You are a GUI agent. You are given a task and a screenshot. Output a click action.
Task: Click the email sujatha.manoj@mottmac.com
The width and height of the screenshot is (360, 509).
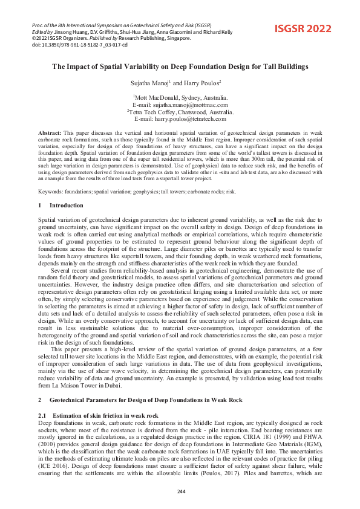180,104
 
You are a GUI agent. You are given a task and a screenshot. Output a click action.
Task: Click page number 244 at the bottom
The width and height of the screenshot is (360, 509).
180,491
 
